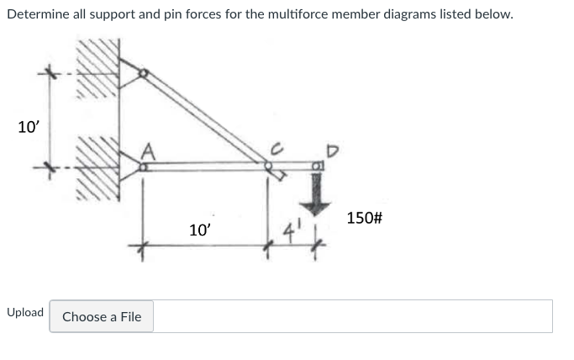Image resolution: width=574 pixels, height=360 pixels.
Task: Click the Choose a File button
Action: click(101, 316)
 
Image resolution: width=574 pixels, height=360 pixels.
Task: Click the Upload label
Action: click(25, 312)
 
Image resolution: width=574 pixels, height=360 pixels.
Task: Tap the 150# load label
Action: click(365, 218)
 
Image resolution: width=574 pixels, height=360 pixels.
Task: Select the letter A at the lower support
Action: click(149, 151)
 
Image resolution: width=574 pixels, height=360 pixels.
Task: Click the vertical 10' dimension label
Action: click(28, 128)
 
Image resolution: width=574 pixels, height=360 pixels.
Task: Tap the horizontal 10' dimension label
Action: click(201, 230)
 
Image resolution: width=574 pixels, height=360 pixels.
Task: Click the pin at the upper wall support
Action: click(144, 74)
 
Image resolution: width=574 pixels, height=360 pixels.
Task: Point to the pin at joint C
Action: click(269, 167)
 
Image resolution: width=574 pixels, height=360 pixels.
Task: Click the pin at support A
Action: click(144, 168)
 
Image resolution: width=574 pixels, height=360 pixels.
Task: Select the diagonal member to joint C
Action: click(206, 119)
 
